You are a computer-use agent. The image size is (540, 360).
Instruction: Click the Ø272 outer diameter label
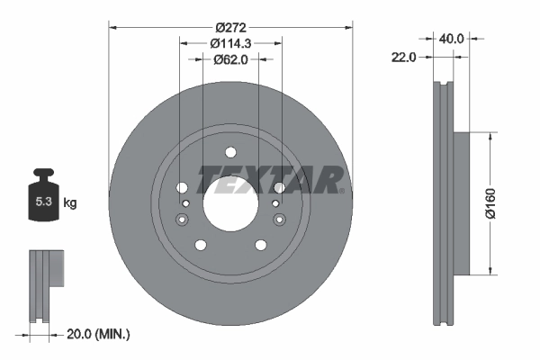pyautogui.click(x=230, y=26)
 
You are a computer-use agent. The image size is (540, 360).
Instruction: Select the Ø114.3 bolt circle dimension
pyautogui.click(x=230, y=42)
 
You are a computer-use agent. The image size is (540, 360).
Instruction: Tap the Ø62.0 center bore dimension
pyautogui.click(x=230, y=59)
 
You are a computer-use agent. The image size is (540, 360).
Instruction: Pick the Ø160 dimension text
pyautogui.click(x=490, y=203)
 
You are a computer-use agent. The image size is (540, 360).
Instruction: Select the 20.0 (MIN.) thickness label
pyautogui.click(x=99, y=334)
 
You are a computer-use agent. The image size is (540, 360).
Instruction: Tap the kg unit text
pyautogui.click(x=70, y=203)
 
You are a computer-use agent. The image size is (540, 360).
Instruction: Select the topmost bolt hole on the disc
pyautogui.click(x=229, y=153)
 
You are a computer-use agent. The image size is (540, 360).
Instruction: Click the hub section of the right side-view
pyautogui.click(x=460, y=203)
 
